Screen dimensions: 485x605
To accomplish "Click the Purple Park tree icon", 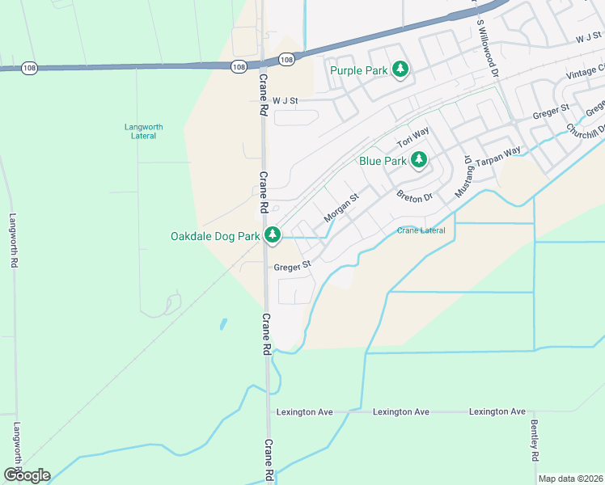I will tap(400, 70).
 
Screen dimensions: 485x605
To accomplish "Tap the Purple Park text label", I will tap(359, 71).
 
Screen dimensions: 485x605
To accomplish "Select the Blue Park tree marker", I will tap(418, 160).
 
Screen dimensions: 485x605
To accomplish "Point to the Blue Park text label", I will tap(383, 161).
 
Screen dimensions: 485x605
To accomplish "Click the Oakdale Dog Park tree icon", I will tap(273, 235).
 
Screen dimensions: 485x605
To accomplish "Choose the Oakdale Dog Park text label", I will tap(215, 237).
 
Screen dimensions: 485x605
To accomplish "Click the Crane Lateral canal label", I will tap(421, 231).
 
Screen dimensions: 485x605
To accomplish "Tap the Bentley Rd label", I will tap(535, 441).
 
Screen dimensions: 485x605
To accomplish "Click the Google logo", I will tap(26, 474).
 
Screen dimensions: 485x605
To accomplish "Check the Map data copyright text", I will tap(570, 479).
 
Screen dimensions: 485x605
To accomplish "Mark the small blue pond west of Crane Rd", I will tap(222, 325).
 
